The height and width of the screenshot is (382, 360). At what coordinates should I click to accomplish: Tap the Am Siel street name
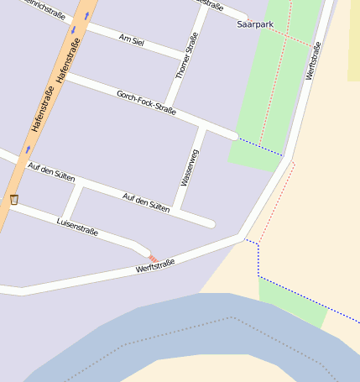[x=133, y=40]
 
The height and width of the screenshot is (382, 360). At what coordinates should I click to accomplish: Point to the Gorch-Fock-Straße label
[x=146, y=102]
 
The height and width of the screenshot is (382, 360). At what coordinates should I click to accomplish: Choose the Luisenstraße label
[x=77, y=226]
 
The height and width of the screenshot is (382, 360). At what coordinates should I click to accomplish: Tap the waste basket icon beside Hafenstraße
[x=13, y=199]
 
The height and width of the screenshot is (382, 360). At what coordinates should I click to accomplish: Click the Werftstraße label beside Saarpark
[x=313, y=61]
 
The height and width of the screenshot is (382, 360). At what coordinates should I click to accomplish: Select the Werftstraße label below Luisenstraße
[x=155, y=267]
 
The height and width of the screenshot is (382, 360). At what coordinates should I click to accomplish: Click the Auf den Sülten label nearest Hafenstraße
[x=51, y=173]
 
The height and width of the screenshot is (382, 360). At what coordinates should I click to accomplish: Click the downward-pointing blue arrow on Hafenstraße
[x=73, y=30]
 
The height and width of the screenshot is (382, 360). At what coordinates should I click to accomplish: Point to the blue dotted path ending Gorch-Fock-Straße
[x=259, y=146]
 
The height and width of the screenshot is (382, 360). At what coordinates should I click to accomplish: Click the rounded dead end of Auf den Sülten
[x=210, y=223]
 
